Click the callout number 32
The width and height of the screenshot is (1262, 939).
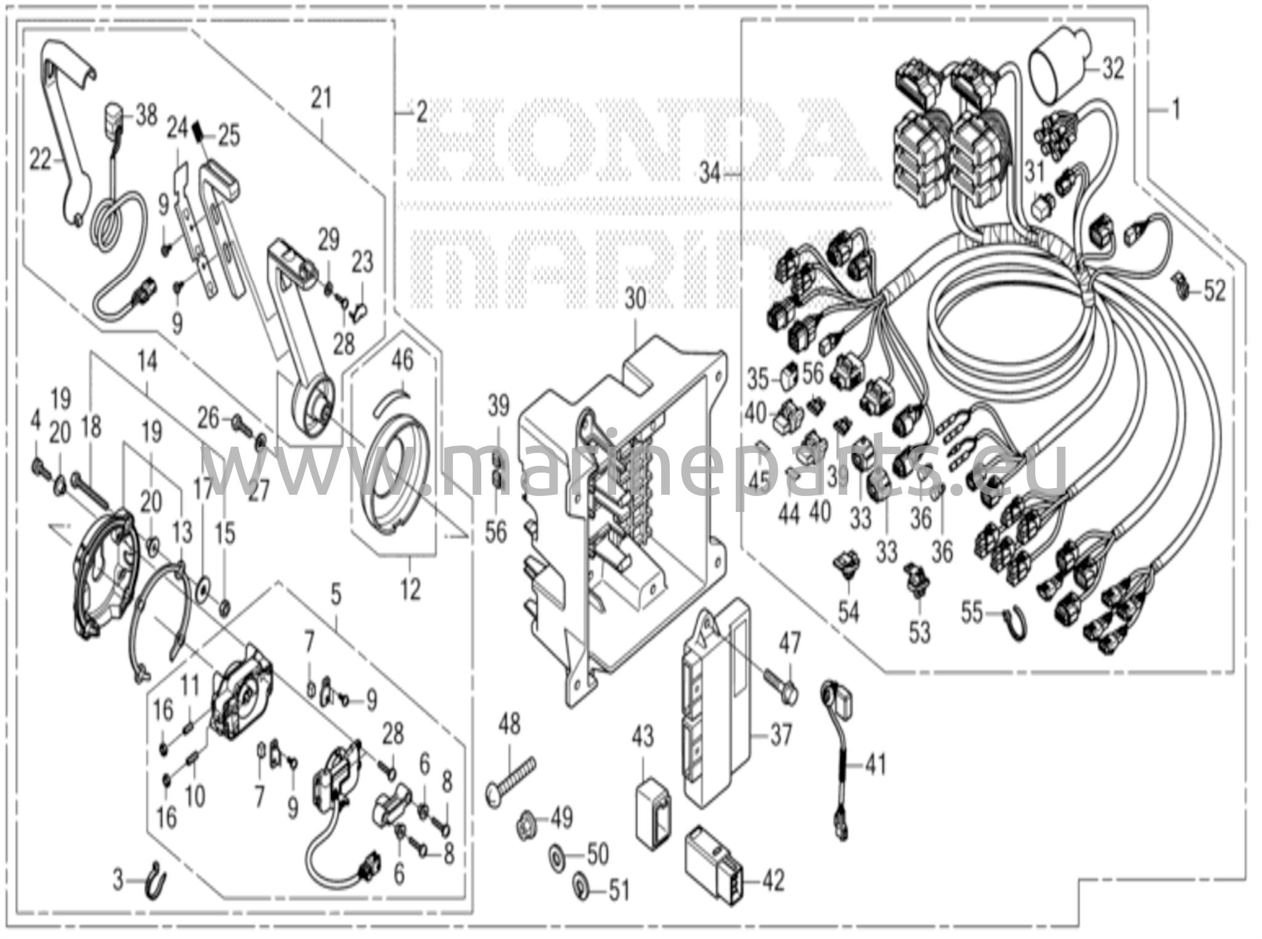(1113, 69)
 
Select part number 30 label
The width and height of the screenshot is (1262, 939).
(635, 300)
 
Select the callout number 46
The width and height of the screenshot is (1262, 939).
(402, 361)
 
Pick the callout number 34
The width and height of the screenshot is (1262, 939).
(709, 175)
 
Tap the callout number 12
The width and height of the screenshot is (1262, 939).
(410, 590)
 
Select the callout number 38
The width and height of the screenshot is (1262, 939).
(146, 115)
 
